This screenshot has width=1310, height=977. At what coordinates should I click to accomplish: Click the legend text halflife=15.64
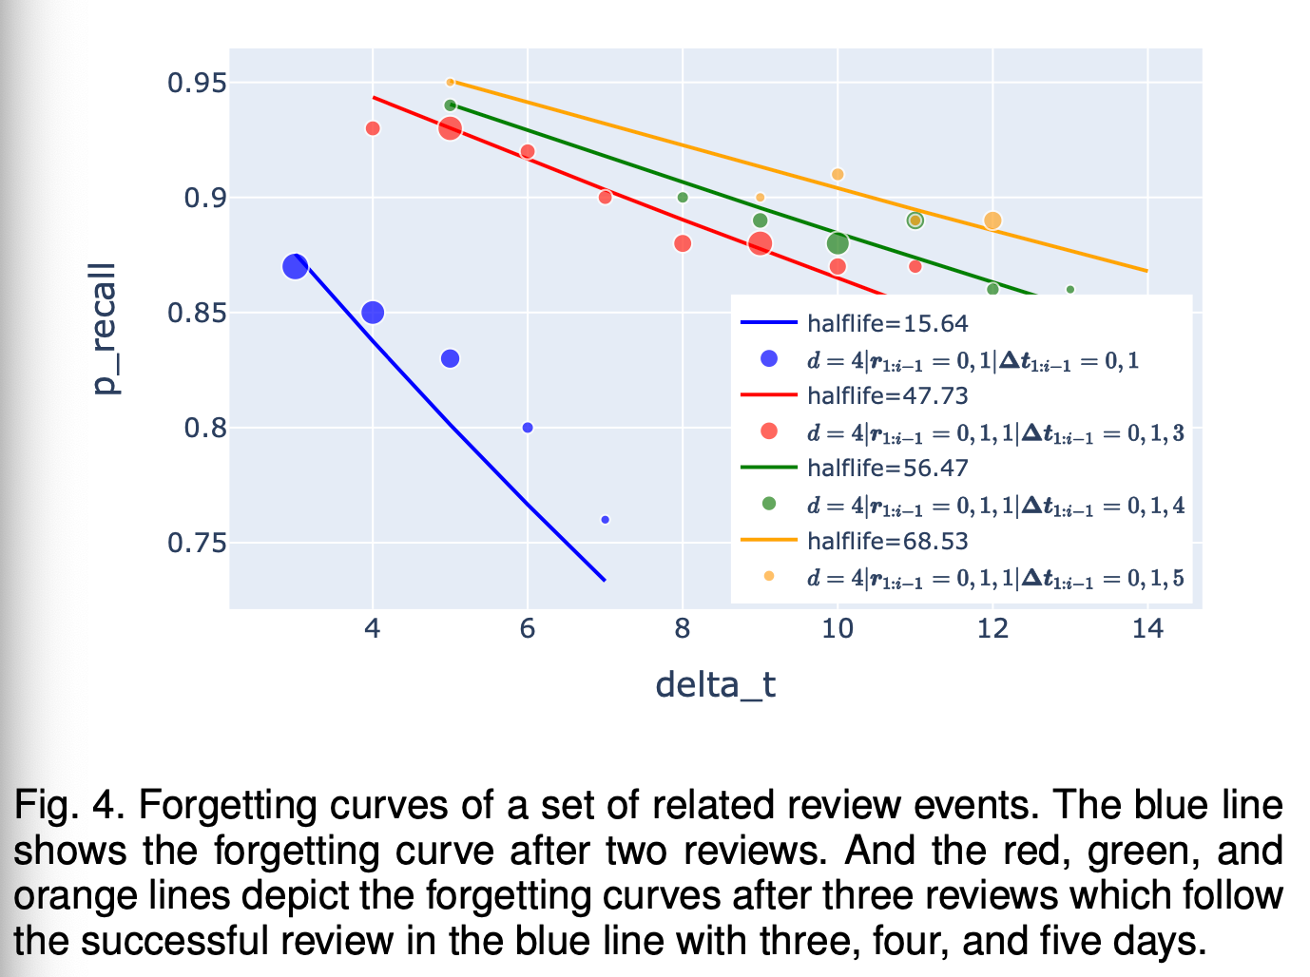887,324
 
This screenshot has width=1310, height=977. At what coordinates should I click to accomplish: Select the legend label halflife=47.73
887,395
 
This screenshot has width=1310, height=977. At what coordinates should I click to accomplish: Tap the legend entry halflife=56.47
887,468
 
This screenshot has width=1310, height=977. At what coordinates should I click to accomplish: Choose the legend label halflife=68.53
887,541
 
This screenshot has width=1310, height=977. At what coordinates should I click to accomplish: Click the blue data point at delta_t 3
296,267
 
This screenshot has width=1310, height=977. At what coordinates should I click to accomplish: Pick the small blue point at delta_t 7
606,520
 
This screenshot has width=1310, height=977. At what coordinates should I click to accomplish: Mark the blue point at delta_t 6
528,428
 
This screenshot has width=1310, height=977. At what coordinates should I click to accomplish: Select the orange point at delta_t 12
992,220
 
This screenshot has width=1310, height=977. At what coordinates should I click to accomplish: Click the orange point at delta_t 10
838,175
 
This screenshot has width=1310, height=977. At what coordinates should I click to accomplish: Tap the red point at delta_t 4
373,128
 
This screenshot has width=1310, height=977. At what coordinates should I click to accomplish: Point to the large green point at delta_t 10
838,243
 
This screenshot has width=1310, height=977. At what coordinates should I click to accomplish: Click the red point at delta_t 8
683,243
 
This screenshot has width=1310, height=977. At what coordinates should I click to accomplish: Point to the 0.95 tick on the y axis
197,84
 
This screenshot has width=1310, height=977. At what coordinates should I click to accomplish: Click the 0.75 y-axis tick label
197,544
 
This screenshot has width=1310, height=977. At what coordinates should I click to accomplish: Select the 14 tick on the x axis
1147,629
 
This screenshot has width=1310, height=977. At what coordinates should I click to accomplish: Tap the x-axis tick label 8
683,629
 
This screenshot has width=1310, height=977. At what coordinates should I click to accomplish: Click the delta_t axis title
715,684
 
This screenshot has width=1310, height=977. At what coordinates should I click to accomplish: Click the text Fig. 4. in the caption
68,806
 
